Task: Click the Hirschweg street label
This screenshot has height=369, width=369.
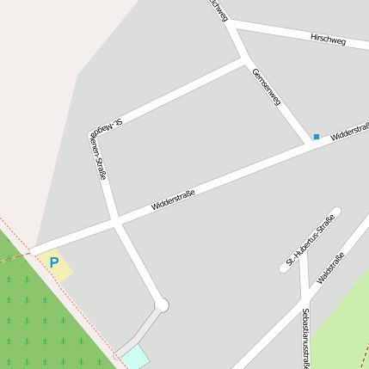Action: tap(328, 40)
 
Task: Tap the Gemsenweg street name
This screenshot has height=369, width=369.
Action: tap(267, 88)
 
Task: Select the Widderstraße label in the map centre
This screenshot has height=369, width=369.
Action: tap(172, 200)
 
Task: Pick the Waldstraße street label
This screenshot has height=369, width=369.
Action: tap(330, 268)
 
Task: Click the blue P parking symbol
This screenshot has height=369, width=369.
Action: tap(54, 262)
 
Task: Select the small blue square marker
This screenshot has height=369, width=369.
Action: tap(317, 137)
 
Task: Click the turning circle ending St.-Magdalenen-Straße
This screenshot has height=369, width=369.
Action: tap(161, 304)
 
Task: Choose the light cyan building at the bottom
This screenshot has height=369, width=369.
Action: tap(135, 356)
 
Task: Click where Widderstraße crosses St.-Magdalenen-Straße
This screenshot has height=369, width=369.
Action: tap(116, 221)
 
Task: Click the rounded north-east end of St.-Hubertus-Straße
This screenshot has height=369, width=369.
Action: tap(335, 212)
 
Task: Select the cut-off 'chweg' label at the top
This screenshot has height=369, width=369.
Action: tap(218, 10)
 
